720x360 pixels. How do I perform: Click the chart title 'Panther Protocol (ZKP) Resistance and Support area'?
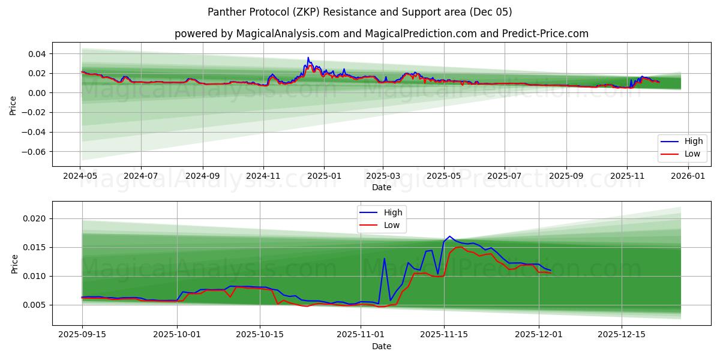(x=359, y=12)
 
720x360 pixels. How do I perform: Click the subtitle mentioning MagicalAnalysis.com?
(x=381, y=34)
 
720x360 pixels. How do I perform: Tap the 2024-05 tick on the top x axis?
(x=80, y=176)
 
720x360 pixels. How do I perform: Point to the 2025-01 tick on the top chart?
(x=324, y=176)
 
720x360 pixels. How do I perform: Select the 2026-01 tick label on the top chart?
(x=688, y=176)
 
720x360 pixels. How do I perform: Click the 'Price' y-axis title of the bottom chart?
(x=14, y=264)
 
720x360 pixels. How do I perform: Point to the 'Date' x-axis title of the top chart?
(x=381, y=187)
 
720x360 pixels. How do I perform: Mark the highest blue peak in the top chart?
(x=308, y=58)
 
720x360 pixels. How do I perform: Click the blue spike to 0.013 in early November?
(x=384, y=259)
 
